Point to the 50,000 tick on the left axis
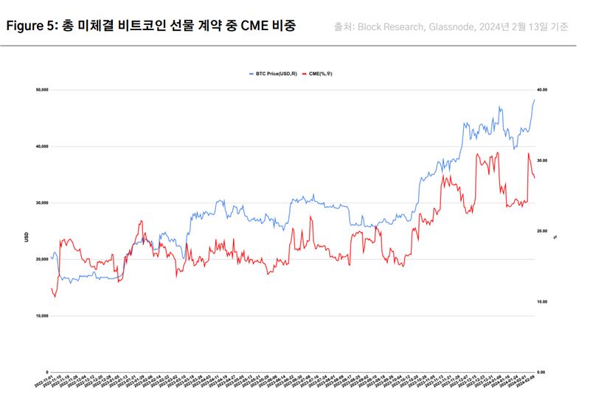41,90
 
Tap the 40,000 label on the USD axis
41,147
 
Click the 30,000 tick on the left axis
41,203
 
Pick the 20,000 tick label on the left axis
41,259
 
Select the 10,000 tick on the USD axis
41,316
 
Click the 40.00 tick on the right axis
542,90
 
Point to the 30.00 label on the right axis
542,161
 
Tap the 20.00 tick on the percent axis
542,231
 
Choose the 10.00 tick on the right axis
542,302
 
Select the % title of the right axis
555,237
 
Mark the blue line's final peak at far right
534,100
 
